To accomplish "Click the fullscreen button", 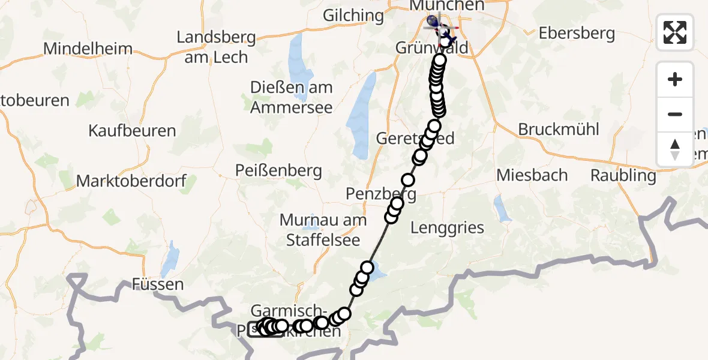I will point(675,32).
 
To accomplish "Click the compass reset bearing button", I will point(675,149).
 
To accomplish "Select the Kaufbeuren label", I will point(132,131).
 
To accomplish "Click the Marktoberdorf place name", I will point(131,181).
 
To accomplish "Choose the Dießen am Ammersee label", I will point(291,98).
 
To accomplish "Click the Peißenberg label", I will point(279,172).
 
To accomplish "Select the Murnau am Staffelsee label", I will point(322,230).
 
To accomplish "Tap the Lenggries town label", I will point(448,227).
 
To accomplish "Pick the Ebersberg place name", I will point(577,33).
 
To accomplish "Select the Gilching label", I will point(353,15).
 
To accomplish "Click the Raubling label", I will point(623,176).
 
